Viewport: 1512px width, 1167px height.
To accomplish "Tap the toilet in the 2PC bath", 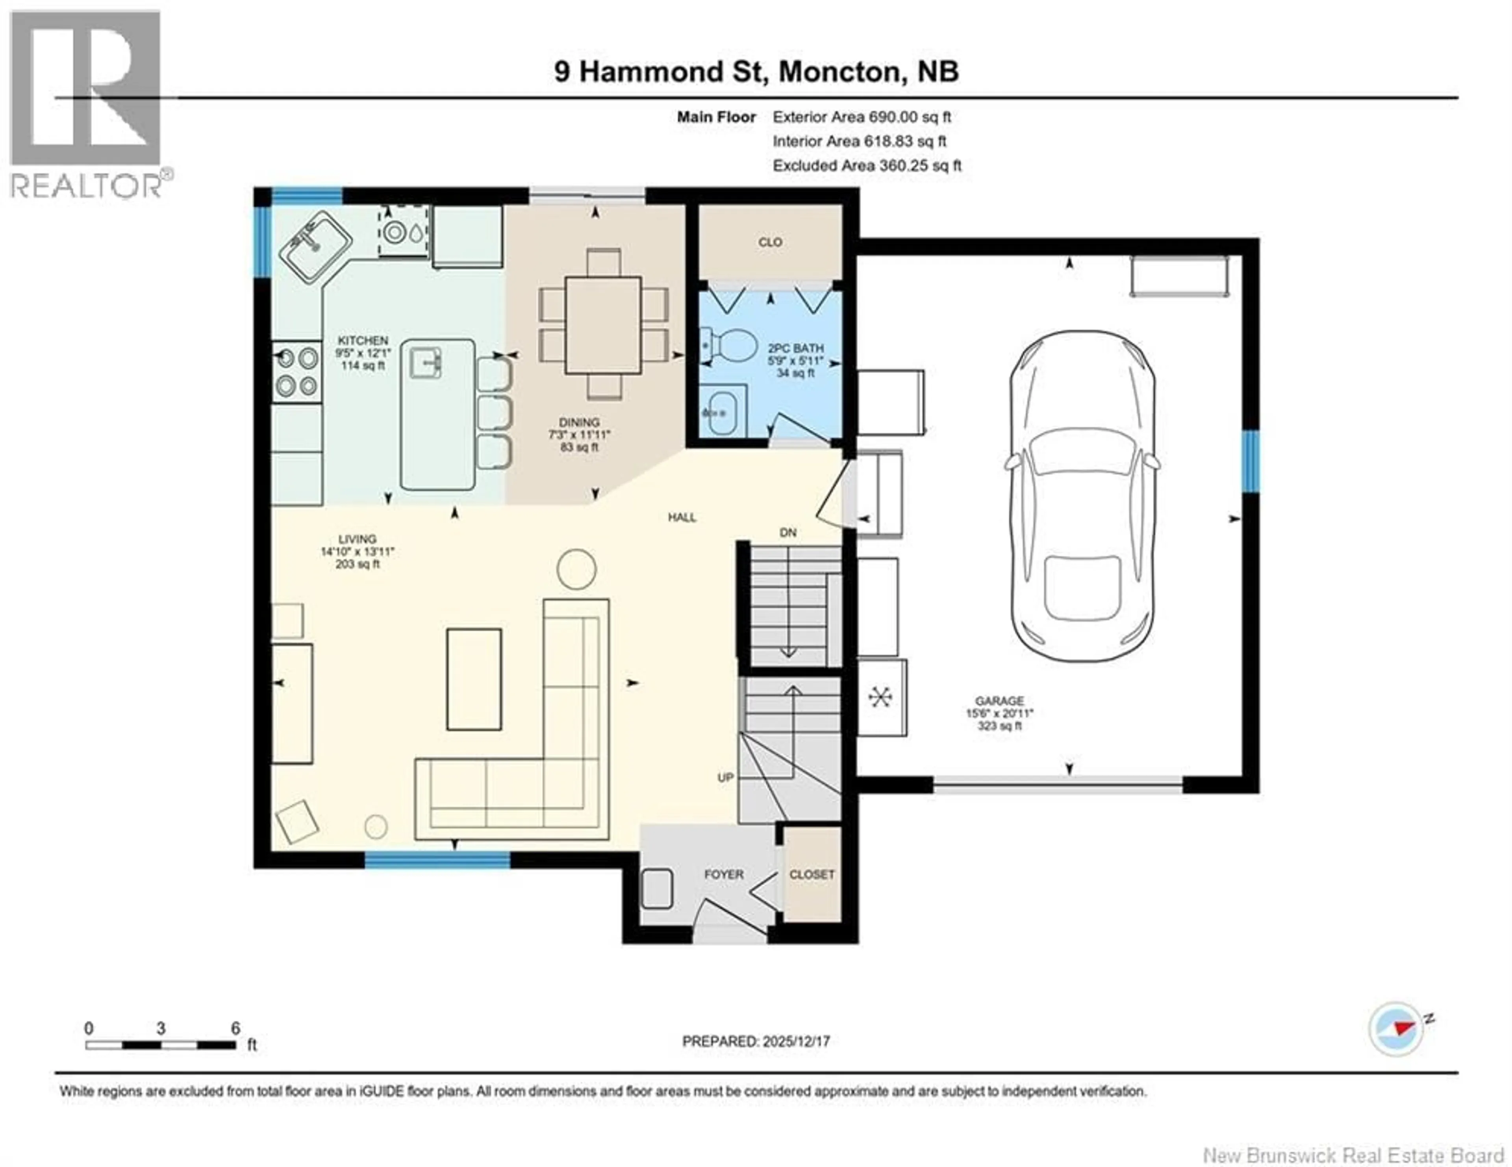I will click(x=732, y=345).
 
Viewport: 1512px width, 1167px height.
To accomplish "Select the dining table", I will click(x=602, y=325).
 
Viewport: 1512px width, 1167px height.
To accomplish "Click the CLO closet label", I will click(x=770, y=242).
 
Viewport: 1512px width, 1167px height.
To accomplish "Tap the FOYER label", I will click(x=723, y=874).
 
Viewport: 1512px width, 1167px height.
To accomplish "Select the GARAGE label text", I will click(x=999, y=700).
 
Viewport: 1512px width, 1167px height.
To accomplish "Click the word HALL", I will click(x=682, y=517).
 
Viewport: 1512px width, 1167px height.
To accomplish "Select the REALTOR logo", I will click(x=87, y=104).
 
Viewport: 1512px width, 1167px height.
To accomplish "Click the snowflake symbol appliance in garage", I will click(x=880, y=697).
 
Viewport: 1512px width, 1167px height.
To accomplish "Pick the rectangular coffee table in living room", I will click(x=474, y=679).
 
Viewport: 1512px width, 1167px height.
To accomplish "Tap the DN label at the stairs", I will click(x=788, y=532).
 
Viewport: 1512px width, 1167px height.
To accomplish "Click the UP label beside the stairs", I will click(x=725, y=777).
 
